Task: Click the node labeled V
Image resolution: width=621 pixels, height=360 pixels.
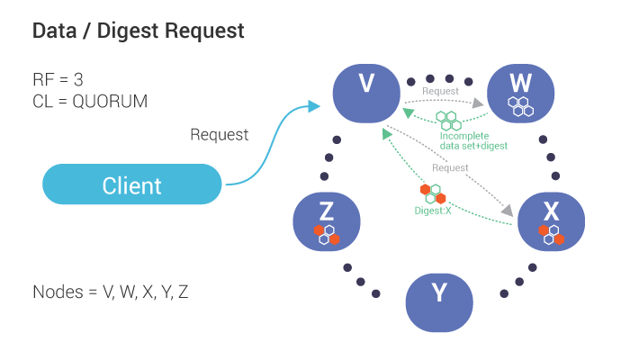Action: [x=366, y=92]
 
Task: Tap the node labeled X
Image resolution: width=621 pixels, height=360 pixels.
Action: [x=551, y=220]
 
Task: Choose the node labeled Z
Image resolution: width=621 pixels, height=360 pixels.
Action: [x=327, y=220]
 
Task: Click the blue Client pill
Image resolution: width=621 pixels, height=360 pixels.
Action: [x=132, y=185]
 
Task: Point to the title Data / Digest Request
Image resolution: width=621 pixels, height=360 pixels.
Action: [x=139, y=31]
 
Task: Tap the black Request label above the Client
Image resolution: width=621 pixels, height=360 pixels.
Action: [x=220, y=135]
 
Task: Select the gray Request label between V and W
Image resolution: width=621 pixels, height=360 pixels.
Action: [x=440, y=91]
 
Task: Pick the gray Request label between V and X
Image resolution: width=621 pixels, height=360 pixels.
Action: [x=450, y=167]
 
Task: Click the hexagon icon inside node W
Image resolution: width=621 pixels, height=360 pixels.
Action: [x=520, y=106]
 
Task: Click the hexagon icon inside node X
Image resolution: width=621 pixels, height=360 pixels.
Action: [x=551, y=234]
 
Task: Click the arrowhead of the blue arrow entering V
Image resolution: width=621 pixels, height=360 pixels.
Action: [x=314, y=106]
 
